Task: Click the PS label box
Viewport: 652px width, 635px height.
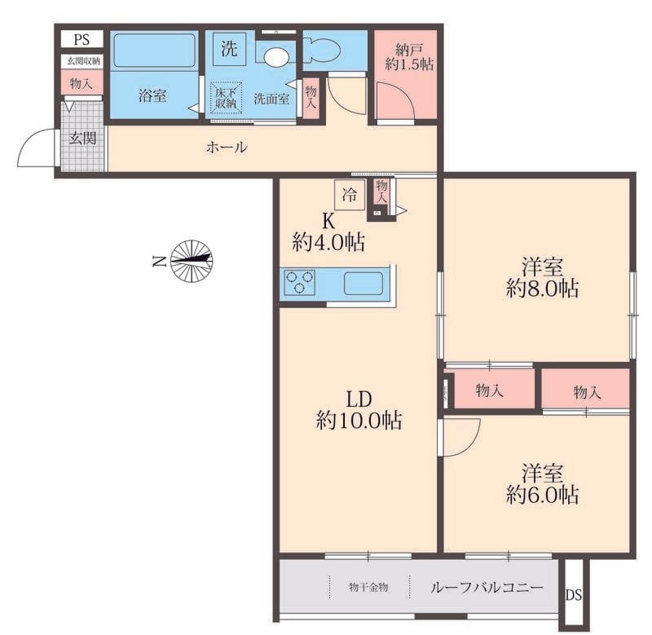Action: pyautogui.click(x=81, y=39)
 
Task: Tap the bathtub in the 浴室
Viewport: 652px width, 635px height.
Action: pyautogui.click(x=154, y=50)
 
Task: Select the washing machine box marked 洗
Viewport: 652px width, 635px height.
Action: pyautogui.click(x=229, y=49)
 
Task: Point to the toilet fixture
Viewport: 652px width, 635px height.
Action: pyautogui.click(x=321, y=50)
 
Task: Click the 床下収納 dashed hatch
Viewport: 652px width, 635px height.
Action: pyautogui.click(x=226, y=98)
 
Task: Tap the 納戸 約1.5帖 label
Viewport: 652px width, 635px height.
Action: pyautogui.click(x=409, y=57)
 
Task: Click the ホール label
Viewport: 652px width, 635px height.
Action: pyautogui.click(x=227, y=147)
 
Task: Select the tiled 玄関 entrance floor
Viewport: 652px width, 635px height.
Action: pyautogui.click(x=82, y=136)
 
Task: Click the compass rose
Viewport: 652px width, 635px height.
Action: pyautogui.click(x=192, y=261)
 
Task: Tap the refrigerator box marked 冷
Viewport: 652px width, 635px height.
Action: pyautogui.click(x=350, y=194)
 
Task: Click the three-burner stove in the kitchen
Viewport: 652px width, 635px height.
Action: pyautogui.click(x=299, y=282)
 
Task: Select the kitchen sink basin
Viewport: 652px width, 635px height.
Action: pyautogui.click(x=363, y=284)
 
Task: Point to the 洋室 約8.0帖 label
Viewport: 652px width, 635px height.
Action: pyautogui.click(x=542, y=277)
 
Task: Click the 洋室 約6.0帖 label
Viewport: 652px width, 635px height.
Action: pyautogui.click(x=542, y=483)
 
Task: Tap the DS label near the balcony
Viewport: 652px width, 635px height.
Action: pyautogui.click(x=574, y=595)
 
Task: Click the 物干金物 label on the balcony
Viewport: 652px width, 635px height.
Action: pyautogui.click(x=368, y=587)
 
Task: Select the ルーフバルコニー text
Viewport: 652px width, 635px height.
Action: pyautogui.click(x=487, y=587)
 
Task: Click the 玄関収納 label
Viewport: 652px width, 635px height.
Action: pyautogui.click(x=84, y=61)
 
